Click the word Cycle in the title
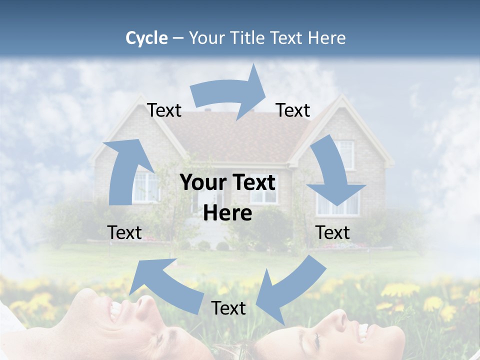pyautogui.click(x=146, y=38)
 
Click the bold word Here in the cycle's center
pyautogui.click(x=227, y=213)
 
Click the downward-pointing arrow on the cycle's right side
pyautogui.click(x=334, y=175)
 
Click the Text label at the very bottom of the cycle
pyautogui.click(x=228, y=308)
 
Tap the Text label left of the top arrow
pyautogui.click(x=164, y=110)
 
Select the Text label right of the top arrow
pyautogui.click(x=293, y=110)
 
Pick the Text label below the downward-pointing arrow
pyautogui.click(x=332, y=233)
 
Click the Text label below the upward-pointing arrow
pyautogui.click(x=124, y=233)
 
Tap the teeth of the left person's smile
pyautogui.click(x=115, y=311)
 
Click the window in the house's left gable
pyautogui.click(x=146, y=186)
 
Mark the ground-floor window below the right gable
pyautogui.click(x=338, y=202)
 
